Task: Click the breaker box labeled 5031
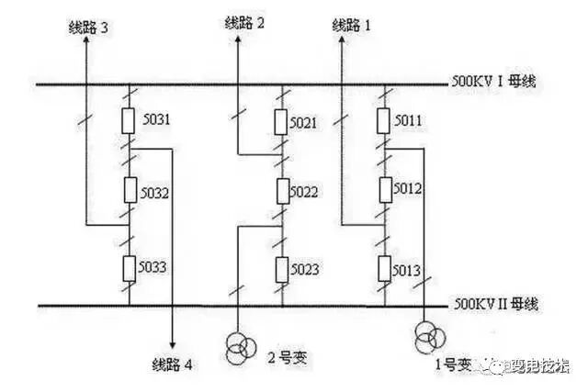130,120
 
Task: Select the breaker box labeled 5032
130,192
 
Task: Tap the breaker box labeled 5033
130,267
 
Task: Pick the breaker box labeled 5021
282,120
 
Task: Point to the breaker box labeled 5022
282,192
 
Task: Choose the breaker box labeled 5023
282,268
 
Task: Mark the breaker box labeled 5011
384,120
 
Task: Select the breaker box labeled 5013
384,268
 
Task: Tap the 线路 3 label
85,28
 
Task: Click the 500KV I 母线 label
493,83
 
